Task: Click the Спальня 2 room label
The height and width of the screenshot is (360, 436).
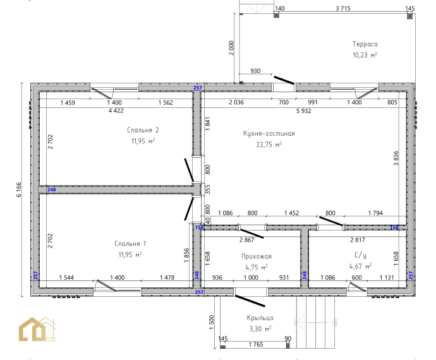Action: tap(143, 130)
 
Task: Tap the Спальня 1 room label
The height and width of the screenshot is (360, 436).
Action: tap(130, 244)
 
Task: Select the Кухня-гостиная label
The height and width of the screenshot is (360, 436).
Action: tap(269, 133)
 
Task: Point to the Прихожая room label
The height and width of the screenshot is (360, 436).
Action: tap(256, 256)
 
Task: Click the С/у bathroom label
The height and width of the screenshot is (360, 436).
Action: tap(360, 255)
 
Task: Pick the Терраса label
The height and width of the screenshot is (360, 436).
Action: tap(365, 44)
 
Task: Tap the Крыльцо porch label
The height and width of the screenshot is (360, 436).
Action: tap(260, 318)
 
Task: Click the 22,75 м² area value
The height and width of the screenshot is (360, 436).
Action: tap(269, 144)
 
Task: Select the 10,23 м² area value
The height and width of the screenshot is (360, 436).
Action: tap(365, 55)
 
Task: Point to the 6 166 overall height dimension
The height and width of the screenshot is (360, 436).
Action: tap(18, 189)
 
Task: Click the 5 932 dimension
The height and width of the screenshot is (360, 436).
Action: tap(304, 111)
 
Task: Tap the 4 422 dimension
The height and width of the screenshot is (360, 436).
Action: tap(116, 111)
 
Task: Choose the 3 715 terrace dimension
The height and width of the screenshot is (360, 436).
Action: tap(343, 8)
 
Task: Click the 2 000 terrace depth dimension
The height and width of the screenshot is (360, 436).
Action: tap(231, 48)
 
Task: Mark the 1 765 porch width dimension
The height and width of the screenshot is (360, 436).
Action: tap(256, 345)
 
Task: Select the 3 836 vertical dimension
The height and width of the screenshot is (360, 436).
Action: tap(396, 158)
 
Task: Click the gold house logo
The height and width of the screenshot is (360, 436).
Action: tap(37, 329)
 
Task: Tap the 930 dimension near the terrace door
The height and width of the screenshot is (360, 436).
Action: tap(255, 71)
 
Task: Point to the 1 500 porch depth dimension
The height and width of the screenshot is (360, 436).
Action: tap(211, 322)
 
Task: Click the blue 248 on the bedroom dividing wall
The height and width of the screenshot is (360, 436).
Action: tap(51, 189)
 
